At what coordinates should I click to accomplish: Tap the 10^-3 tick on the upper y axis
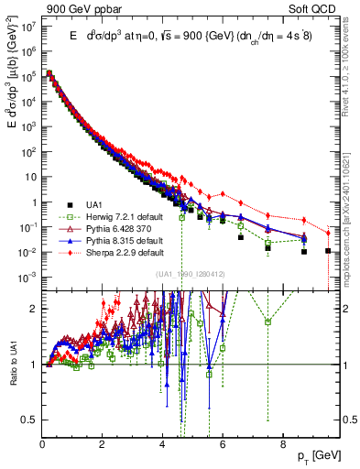[x=27, y=277]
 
